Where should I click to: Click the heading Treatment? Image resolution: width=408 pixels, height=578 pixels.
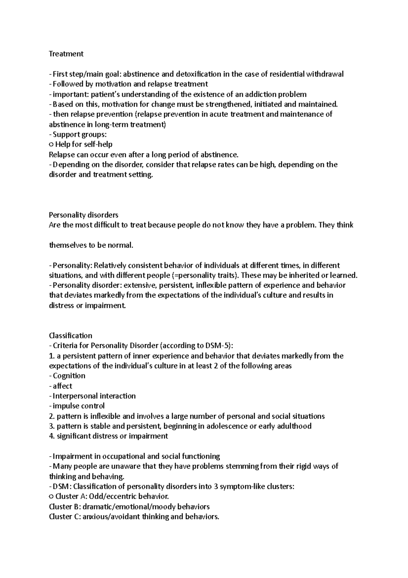pyautogui.click(x=66, y=54)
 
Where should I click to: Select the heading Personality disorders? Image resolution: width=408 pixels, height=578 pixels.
pyautogui.click(x=84, y=215)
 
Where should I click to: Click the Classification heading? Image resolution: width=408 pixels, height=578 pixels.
pyautogui.click(x=70, y=335)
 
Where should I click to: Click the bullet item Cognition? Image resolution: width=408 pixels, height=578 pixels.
pyautogui.click(x=69, y=375)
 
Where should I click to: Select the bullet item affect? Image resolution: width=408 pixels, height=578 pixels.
pyautogui.click(x=63, y=386)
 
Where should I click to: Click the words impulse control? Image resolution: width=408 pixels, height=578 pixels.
pyautogui.click(x=79, y=406)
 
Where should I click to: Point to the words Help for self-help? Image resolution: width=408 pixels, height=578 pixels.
pyautogui.click(x=84, y=144)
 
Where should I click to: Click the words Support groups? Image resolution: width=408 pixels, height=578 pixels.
pyautogui.click(x=77, y=134)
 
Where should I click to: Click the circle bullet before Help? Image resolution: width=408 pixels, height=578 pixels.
pyautogui.click(x=51, y=145)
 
